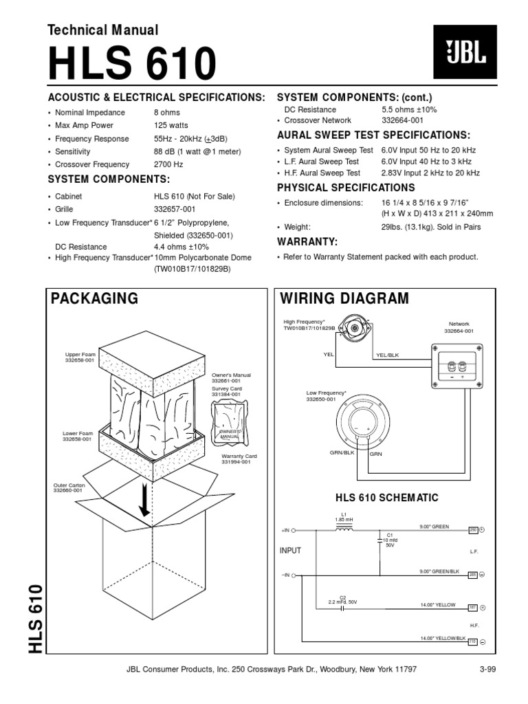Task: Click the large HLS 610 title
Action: point(131,65)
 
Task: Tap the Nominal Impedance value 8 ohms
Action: point(167,112)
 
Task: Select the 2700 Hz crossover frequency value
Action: point(169,164)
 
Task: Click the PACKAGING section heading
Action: point(94,298)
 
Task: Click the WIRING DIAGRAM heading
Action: point(344,298)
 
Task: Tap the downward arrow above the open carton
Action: point(145,497)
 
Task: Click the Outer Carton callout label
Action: point(68,487)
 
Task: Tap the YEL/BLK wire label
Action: point(387,355)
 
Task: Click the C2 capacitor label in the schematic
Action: point(342,597)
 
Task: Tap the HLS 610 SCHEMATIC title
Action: point(386,497)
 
